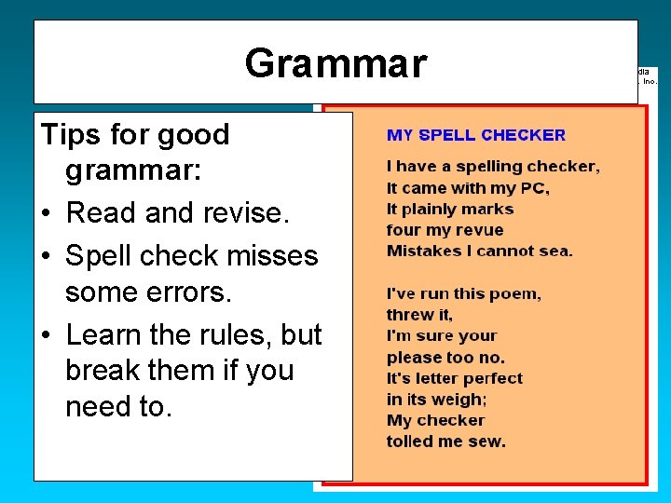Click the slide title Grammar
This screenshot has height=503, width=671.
[335, 64]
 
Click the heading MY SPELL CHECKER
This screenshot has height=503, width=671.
[475, 135]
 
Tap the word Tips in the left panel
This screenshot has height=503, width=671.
[70, 135]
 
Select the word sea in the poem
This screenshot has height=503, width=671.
[555, 251]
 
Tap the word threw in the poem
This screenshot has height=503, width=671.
[409, 315]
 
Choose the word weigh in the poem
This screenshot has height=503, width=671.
[462, 400]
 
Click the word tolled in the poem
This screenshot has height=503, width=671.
[411, 442]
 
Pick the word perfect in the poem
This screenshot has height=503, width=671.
[490, 378]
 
